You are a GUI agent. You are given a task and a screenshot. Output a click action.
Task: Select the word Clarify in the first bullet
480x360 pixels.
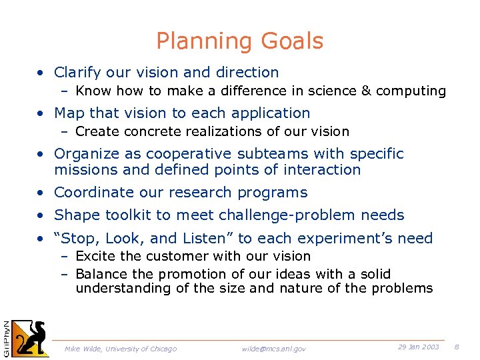click(76, 72)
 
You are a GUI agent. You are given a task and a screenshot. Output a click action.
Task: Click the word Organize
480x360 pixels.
click(83, 154)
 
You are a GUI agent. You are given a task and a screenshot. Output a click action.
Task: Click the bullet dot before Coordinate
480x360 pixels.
click(41, 193)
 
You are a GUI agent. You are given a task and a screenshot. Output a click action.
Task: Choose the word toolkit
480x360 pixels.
click(123, 215)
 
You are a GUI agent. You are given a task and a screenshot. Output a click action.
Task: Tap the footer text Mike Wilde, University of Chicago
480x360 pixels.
click(121, 349)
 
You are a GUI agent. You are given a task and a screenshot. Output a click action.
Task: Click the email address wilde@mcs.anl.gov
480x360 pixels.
click(273, 349)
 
